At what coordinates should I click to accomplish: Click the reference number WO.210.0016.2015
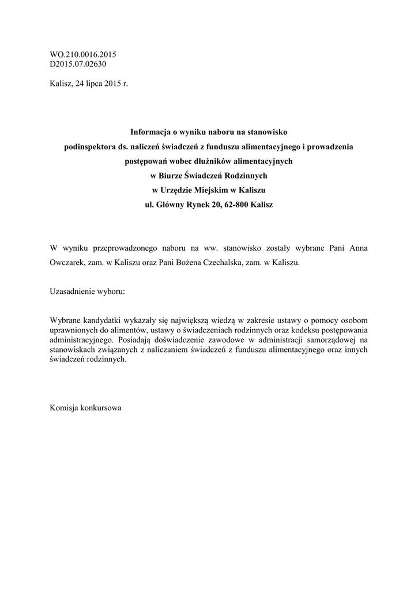click(83, 55)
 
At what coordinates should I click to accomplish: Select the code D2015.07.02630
click(78, 64)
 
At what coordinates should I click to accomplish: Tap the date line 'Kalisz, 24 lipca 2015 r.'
click(89, 84)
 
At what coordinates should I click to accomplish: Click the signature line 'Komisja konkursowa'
click(86, 407)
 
